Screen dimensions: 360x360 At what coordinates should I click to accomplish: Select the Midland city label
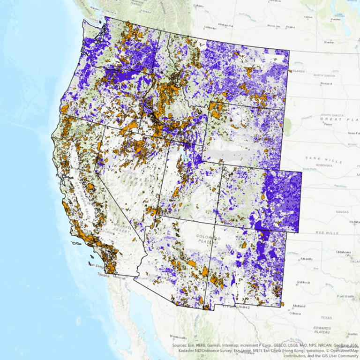point(300,305)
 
